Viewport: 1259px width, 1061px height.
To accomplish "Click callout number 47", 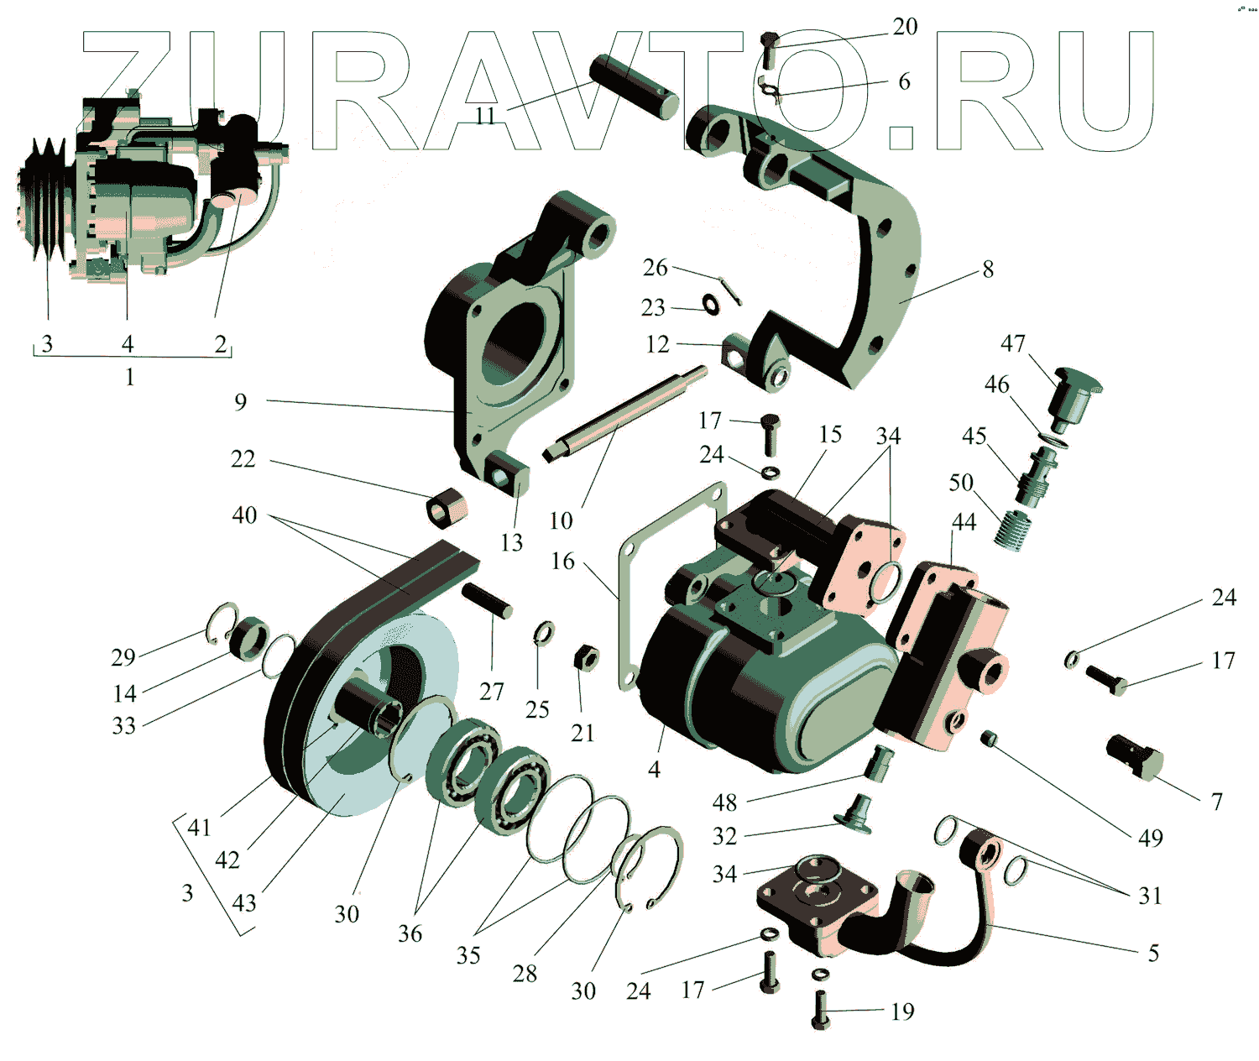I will [1013, 343].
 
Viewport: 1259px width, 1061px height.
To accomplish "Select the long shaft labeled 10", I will [625, 411].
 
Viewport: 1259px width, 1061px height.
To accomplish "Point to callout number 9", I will [241, 402].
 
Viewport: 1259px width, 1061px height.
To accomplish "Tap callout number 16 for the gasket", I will [562, 561].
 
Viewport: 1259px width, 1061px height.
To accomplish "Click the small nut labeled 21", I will [585, 657].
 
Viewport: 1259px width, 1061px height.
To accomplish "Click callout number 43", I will [244, 903].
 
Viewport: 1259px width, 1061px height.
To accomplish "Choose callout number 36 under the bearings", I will [410, 933].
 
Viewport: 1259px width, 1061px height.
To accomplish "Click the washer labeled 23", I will [711, 304].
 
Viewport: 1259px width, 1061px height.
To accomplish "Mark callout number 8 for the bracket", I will [988, 269].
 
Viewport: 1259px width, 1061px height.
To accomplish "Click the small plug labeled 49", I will [988, 738].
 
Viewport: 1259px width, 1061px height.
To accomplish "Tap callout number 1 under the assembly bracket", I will [129, 377].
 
